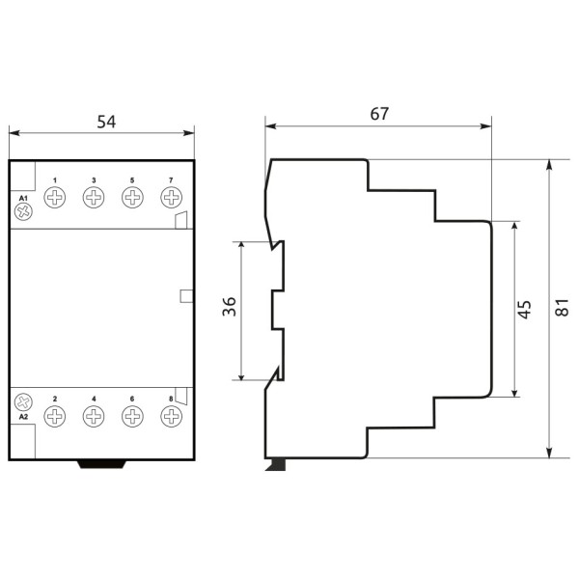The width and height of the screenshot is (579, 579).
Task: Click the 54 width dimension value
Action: tap(106, 122)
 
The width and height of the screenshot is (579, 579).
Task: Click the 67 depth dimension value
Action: tap(379, 113)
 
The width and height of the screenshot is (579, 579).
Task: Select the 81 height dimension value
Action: tap(563, 308)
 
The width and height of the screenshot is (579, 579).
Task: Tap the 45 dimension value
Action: tap(525, 310)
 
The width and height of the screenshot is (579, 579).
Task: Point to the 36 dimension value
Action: tap(229, 309)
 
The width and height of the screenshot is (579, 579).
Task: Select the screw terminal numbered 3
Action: tap(94, 198)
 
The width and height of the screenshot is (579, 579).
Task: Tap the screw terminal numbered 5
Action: tap(132, 198)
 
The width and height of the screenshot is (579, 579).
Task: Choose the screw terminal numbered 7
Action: tap(171, 198)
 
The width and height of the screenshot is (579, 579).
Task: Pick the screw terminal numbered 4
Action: tap(94, 417)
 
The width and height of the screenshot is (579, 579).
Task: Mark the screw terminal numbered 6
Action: tap(132, 417)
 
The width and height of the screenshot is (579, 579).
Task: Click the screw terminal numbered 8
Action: tap(171, 417)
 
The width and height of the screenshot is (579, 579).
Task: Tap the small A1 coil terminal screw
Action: tap(24, 213)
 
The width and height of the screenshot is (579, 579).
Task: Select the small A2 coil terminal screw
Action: tap(24, 400)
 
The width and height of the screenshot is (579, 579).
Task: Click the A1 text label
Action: tap(23, 198)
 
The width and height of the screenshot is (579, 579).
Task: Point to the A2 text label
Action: tap(23, 417)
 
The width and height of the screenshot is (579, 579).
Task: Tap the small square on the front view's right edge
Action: tap(187, 296)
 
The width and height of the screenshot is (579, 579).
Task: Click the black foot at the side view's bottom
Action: tap(277, 465)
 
